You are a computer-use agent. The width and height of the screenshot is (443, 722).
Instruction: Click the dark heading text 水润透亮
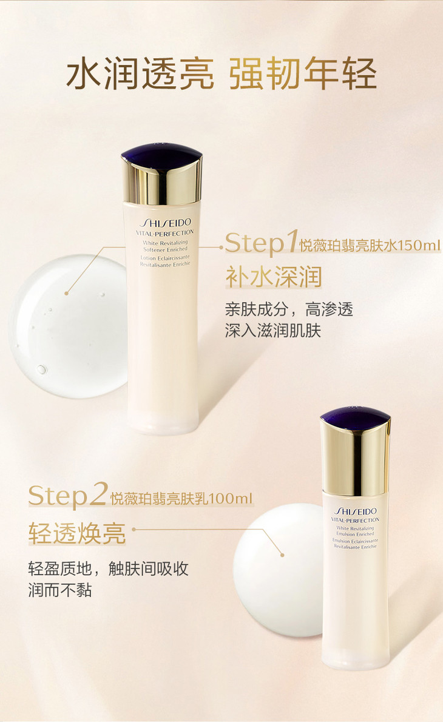pyautogui.click(x=140, y=73)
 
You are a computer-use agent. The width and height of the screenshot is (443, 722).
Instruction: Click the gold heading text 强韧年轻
pyautogui.click(x=303, y=73)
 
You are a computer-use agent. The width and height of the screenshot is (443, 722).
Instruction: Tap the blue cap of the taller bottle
pyautogui.click(x=161, y=154)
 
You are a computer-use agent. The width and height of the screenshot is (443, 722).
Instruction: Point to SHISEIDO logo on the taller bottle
pyautogui.click(x=165, y=223)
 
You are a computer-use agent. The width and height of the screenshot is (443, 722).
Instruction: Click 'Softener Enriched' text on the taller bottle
pyautogui.click(x=165, y=249)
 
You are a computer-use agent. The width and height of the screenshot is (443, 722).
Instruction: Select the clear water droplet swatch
pyautogui.click(x=68, y=326)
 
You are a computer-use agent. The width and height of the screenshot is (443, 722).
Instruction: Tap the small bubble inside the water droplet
pyautogui.click(x=41, y=369)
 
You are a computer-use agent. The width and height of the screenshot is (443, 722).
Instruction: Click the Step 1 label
pyautogui.click(x=262, y=243)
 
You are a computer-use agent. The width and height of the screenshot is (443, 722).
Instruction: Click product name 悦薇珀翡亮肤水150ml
pyautogui.click(x=370, y=246)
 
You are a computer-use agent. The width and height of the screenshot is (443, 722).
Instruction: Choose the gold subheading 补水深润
pyautogui.click(x=274, y=277)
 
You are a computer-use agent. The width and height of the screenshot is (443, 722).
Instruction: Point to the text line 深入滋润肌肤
pyautogui.click(x=273, y=331)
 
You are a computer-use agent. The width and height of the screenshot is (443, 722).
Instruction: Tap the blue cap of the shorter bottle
pyautogui.click(x=356, y=417)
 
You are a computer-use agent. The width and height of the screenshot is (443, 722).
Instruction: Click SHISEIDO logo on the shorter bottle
pyautogui.click(x=356, y=511)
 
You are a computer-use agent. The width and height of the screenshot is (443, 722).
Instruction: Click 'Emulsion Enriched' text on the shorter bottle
pyautogui.click(x=355, y=534)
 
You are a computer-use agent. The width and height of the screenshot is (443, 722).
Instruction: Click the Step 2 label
pyautogui.click(x=69, y=495)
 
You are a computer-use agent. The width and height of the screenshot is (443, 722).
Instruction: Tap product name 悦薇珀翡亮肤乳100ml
pyautogui.click(x=181, y=499)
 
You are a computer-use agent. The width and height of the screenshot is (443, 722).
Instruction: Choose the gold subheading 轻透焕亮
pyautogui.click(x=77, y=533)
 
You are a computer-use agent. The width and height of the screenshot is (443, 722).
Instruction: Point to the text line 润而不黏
pyautogui.click(x=60, y=590)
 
